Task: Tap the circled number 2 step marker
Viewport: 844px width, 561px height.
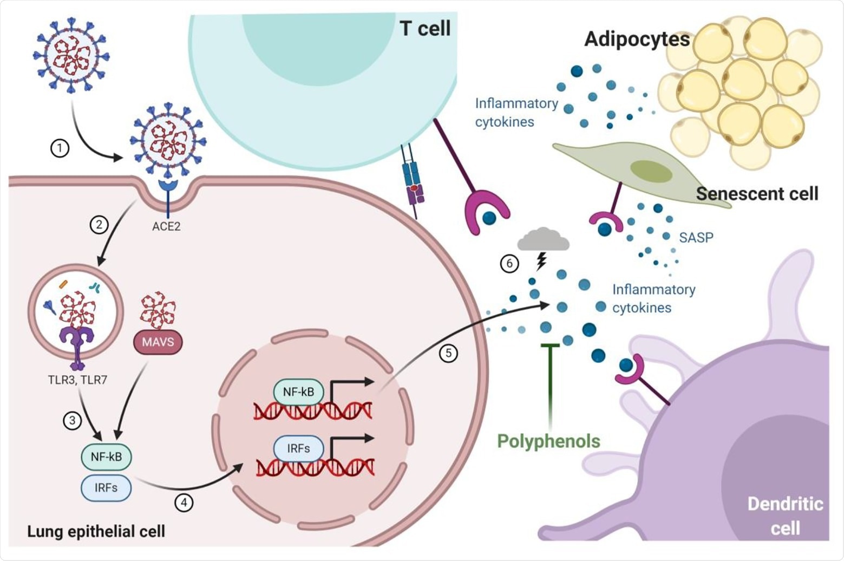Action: (x=99, y=224)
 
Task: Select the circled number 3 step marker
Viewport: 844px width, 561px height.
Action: (x=72, y=420)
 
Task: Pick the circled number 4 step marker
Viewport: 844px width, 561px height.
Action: (x=184, y=503)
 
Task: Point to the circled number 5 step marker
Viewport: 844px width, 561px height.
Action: (x=448, y=354)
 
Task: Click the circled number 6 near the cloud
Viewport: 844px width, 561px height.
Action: (x=509, y=264)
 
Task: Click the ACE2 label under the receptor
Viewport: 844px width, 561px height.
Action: (x=166, y=226)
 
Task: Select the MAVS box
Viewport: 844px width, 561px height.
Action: (x=158, y=343)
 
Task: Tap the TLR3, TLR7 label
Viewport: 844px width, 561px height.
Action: (x=77, y=380)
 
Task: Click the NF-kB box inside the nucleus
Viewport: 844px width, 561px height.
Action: (x=298, y=392)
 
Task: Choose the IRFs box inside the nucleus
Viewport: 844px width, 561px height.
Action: (x=298, y=448)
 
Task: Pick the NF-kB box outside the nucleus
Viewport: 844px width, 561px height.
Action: (x=106, y=456)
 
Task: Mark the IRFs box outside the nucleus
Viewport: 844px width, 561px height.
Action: (x=106, y=487)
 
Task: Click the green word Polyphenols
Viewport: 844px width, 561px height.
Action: (x=548, y=441)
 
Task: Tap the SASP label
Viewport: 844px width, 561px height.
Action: (x=696, y=238)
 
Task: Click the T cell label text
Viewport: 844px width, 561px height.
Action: (x=425, y=29)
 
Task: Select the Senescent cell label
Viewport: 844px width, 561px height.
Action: (x=757, y=193)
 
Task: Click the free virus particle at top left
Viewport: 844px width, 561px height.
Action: (x=71, y=54)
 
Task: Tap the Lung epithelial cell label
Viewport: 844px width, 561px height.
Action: (x=96, y=531)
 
